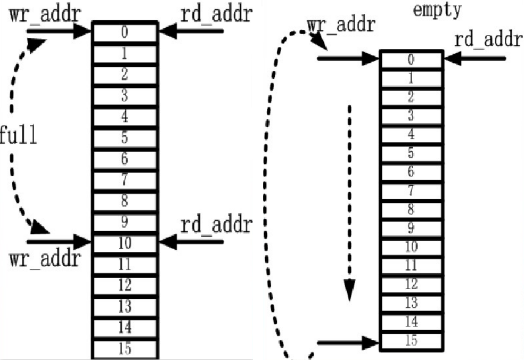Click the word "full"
[19, 136]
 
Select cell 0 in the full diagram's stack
[125, 32]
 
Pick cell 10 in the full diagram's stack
[125, 243]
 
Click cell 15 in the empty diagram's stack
[411, 340]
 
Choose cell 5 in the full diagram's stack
[125, 138]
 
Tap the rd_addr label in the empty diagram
[487, 40]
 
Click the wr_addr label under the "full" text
[45, 259]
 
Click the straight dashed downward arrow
[349, 202]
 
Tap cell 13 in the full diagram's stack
[125, 306]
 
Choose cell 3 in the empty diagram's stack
[411, 116]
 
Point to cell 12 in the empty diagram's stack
[411, 284]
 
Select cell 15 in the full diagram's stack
[125, 349]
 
